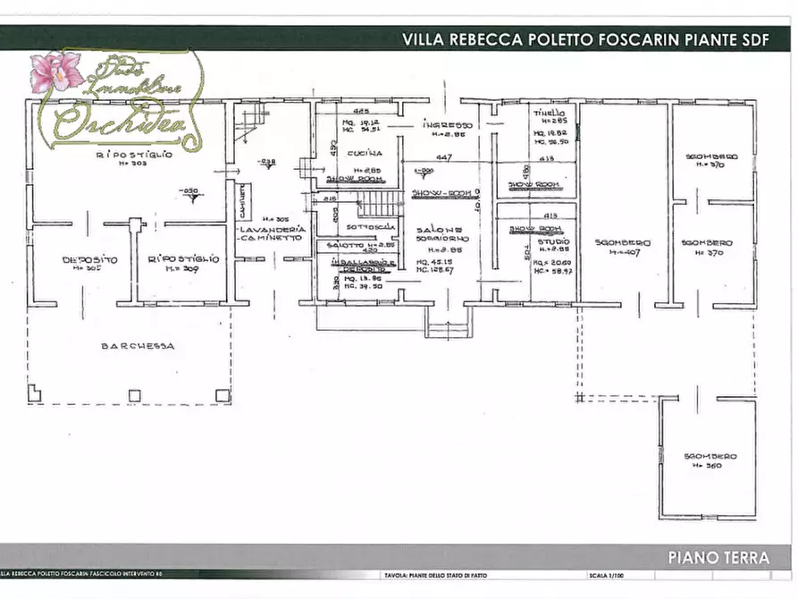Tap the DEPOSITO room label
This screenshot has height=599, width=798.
[90, 259]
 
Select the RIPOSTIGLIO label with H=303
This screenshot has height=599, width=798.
[134, 155]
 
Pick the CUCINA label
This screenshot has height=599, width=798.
[367, 153]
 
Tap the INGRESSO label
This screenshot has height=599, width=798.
[448, 125]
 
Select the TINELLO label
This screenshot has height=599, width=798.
[550, 115]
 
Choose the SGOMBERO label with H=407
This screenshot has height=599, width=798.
[623, 243]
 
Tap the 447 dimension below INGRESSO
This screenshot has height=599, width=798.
[443, 157]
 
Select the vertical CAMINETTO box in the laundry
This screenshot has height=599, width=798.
[241, 207]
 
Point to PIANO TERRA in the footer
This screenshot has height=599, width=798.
[718, 558]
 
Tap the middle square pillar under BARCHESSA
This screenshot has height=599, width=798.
[134, 394]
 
